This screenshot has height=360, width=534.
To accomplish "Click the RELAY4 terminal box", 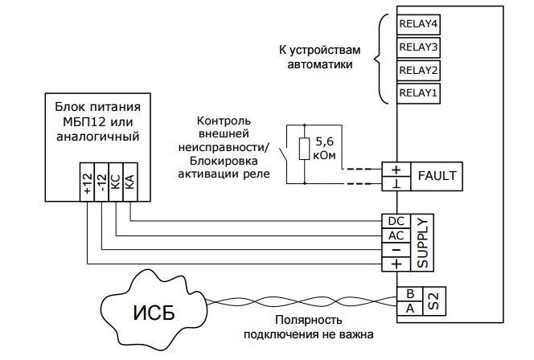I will point(418,23).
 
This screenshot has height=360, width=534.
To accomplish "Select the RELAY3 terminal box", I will point(418,47).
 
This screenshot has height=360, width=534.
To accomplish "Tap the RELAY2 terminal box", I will point(418,70).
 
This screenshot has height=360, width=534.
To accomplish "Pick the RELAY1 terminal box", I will point(418,93).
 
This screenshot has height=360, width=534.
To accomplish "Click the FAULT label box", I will point(437,176).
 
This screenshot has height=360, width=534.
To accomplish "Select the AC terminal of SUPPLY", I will point(395,236).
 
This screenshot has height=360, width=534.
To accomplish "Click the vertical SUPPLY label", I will point(421,243).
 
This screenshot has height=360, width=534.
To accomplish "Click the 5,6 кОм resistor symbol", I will point(302,149).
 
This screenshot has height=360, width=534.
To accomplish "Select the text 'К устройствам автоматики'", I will point(319,56).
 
